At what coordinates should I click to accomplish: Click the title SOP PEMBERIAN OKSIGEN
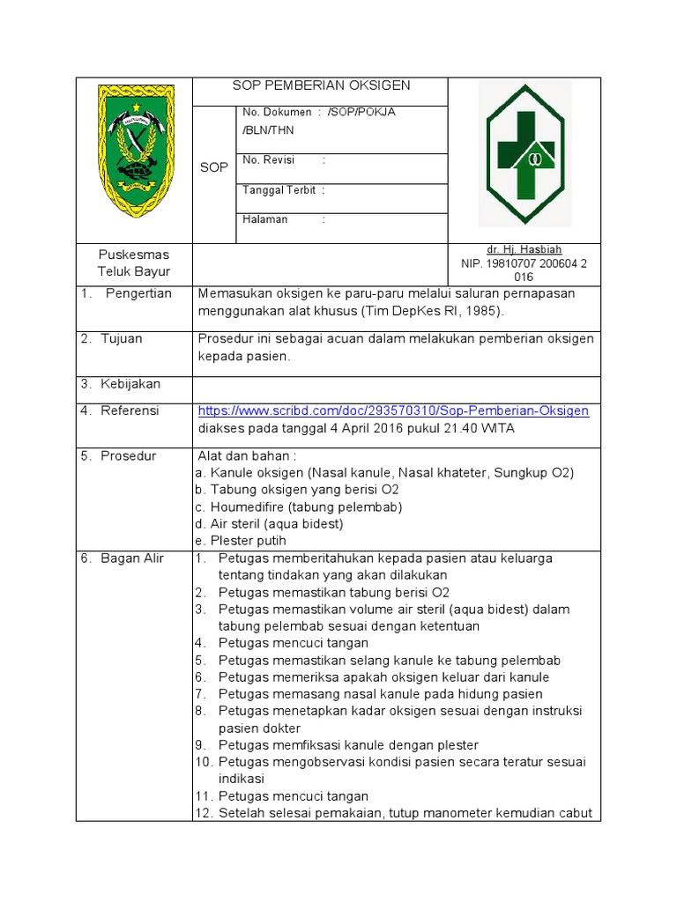[321, 85]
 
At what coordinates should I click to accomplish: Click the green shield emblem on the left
[135, 151]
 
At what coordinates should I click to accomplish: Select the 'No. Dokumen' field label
[277, 112]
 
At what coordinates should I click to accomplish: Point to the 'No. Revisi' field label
[269, 159]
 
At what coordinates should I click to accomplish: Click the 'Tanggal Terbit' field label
[279, 189]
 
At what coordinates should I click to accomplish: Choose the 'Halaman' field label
[265, 219]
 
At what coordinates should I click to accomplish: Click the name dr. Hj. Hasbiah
[524, 249]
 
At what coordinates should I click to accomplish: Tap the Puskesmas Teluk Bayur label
[134, 262]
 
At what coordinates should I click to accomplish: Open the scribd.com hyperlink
[393, 410]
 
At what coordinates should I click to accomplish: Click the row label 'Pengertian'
[138, 293]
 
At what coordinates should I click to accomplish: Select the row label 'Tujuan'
[122, 338]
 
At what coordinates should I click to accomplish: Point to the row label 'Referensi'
[130, 410]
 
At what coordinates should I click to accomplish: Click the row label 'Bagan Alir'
[132, 558]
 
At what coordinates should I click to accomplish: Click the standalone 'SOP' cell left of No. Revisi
[213, 166]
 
